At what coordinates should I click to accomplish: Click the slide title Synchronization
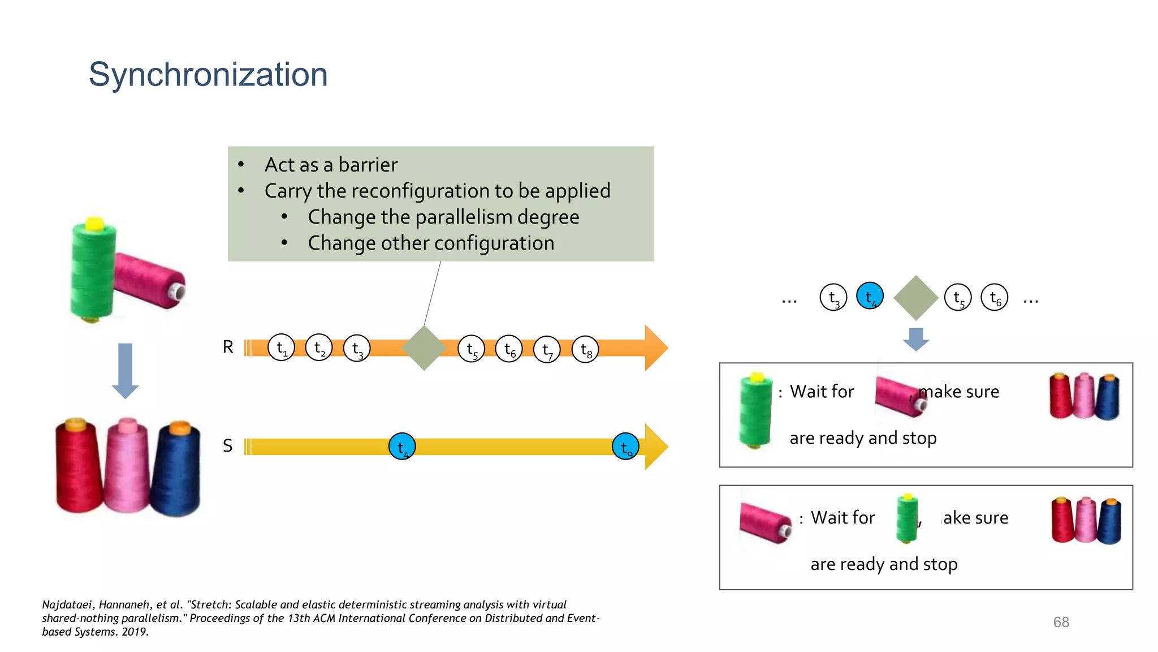tap(208, 75)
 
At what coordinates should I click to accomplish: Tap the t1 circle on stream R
tap(281, 348)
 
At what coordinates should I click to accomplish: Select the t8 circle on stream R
tap(585, 350)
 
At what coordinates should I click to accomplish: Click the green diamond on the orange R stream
tap(424, 348)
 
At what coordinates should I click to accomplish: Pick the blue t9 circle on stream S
tap(625, 447)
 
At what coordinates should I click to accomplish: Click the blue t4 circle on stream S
tap(402, 447)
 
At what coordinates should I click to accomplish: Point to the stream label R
tap(228, 346)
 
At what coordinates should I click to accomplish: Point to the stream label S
tap(227, 446)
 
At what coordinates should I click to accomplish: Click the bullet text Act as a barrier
tap(331, 165)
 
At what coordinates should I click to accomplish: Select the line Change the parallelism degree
tap(443, 217)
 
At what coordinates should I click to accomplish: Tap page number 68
tap(1061, 622)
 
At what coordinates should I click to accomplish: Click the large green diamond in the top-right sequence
tap(915, 298)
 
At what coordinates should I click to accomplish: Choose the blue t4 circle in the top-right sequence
tap(870, 296)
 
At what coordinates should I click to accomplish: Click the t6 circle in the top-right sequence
tap(995, 297)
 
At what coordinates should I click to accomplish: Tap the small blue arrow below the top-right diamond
tap(916, 338)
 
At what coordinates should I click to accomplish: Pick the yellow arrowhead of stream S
tap(656, 447)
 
